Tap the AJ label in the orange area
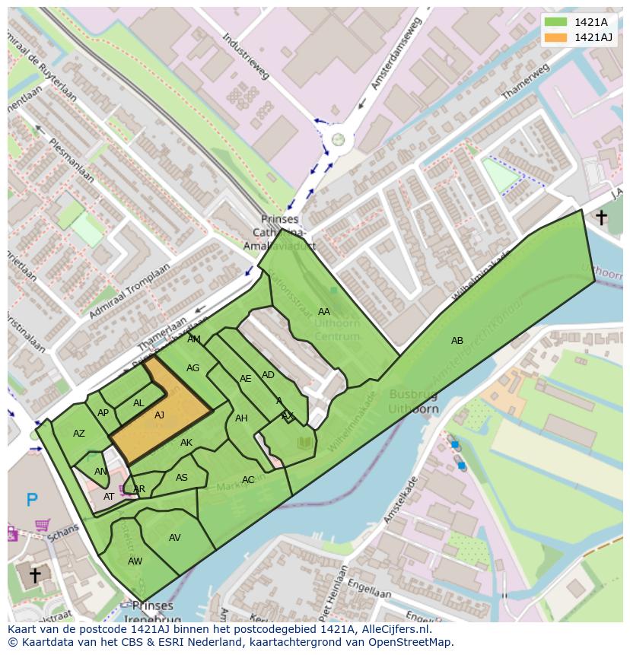159,415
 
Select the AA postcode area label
324,312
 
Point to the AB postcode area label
457,341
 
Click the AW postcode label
135,561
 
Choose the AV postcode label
175,538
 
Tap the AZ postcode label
79,434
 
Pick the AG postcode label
192,368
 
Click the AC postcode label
248,480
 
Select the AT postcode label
109,497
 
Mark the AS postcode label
181,478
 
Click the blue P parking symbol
32,500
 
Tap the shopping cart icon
43,525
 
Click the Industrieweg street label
247,57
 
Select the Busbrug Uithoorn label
414,401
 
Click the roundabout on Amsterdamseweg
338,139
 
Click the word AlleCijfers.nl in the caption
393,629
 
